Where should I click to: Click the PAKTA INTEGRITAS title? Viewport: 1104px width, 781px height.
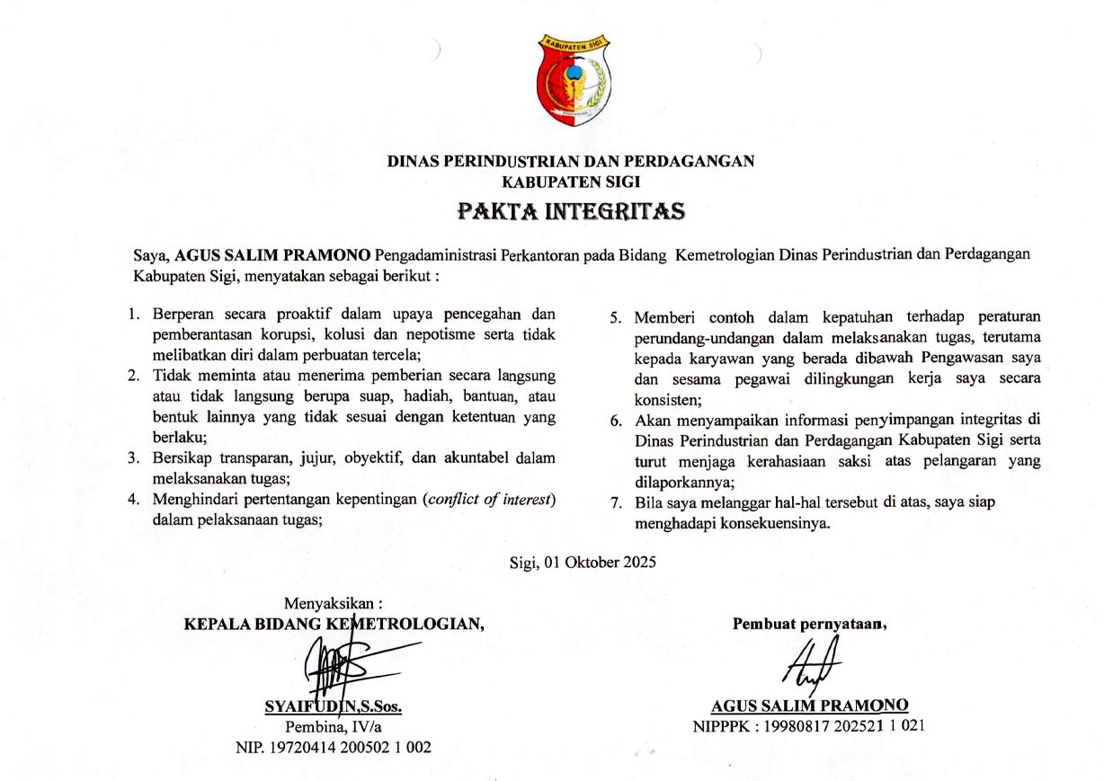571,212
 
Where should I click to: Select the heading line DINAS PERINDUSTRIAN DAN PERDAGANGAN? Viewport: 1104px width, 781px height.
571,162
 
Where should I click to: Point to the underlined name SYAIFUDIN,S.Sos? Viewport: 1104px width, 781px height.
334,707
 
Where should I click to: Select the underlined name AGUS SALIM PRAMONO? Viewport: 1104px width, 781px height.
810,706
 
